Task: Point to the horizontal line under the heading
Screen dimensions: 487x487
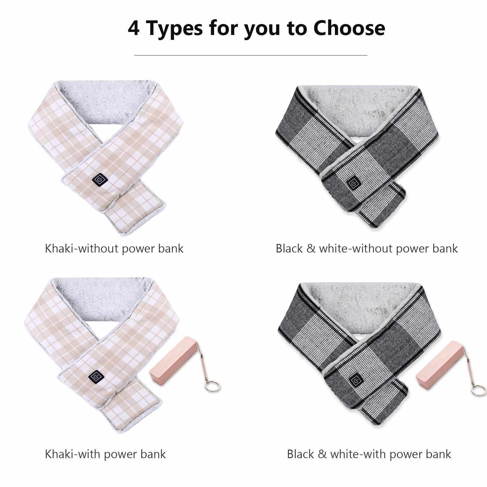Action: point(251,55)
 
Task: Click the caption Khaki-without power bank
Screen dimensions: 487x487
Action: point(114,249)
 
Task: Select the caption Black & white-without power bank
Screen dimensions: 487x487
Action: point(367,249)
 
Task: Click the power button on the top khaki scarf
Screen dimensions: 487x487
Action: point(100,180)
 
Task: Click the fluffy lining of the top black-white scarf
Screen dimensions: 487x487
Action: point(359,106)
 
